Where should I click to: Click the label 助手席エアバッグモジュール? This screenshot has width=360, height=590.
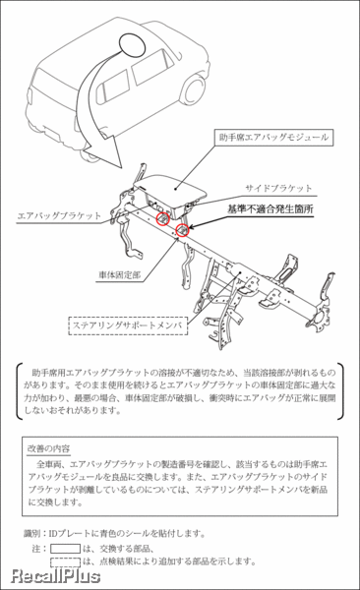(x=272, y=139)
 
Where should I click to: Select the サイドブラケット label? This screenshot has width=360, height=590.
(x=278, y=187)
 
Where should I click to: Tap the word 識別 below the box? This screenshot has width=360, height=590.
(x=35, y=533)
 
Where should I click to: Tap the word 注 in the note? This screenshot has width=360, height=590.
(x=36, y=548)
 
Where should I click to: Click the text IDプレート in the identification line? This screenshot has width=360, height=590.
(x=70, y=533)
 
